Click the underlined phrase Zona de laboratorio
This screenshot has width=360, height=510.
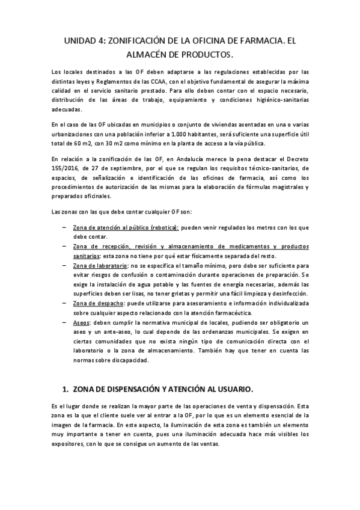pyautogui.click(x=100, y=265)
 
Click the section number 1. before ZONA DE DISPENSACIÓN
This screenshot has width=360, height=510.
pyautogui.click(x=67, y=389)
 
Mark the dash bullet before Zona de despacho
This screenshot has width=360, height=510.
pyautogui.click(x=64, y=303)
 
